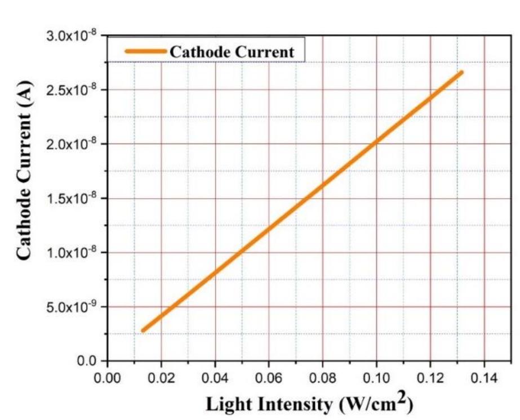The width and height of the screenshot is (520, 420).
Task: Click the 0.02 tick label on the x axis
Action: (161, 377)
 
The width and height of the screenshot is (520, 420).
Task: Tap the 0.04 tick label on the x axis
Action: (215, 377)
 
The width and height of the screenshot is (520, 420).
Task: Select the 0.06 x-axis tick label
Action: (269, 377)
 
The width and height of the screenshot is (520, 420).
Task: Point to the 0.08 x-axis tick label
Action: (322, 377)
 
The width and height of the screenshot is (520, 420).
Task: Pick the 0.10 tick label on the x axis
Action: (376, 377)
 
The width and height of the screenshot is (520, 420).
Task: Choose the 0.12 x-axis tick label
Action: (430, 377)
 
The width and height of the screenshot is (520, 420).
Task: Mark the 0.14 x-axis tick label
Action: (484, 377)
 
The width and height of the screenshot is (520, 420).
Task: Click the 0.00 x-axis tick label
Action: (107, 377)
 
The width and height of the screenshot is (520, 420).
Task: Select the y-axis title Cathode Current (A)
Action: (24, 170)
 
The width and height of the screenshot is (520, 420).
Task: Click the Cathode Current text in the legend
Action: (232, 52)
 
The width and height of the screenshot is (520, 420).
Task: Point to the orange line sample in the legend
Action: (145, 51)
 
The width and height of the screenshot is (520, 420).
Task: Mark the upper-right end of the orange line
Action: (461, 73)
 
